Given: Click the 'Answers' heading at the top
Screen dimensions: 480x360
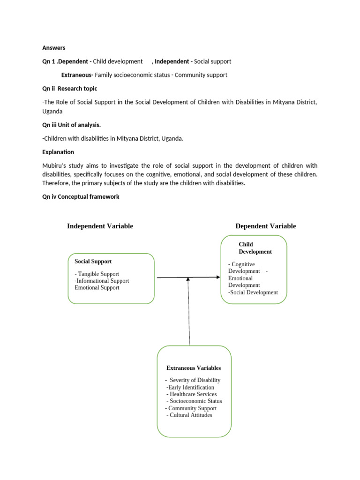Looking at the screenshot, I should pyautogui.click(x=53, y=48).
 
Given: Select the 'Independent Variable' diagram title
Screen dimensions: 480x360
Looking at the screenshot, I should pyautogui.click(x=100, y=226).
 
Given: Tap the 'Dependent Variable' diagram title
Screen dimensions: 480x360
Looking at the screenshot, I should pyautogui.click(x=265, y=226).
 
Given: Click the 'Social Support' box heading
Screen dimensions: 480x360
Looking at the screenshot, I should pyautogui.click(x=93, y=261).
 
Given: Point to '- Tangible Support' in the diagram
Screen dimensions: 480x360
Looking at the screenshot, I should pyautogui.click(x=97, y=274).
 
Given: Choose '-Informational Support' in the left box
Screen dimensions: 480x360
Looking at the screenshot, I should pyautogui.click(x=101, y=281).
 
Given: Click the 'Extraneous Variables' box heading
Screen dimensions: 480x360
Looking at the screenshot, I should pyautogui.click(x=194, y=368).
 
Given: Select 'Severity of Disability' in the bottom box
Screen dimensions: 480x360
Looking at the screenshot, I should pyautogui.click(x=195, y=380).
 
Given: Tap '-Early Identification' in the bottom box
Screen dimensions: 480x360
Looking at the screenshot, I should pyautogui.click(x=190, y=387).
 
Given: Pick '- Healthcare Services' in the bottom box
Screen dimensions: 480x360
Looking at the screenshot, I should pyautogui.click(x=191, y=394).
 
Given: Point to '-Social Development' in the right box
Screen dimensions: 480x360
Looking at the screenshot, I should pyautogui.click(x=253, y=292).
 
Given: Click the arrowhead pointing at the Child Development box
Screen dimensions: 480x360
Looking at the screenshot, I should pyautogui.click(x=218, y=277).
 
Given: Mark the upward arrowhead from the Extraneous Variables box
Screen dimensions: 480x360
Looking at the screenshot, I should pyautogui.click(x=188, y=279).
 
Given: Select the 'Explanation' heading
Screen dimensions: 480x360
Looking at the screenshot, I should pyautogui.click(x=58, y=152).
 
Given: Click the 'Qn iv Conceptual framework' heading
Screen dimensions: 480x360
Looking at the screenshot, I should pyautogui.click(x=81, y=197).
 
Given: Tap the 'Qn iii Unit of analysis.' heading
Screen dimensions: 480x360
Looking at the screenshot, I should pyautogui.click(x=71, y=125).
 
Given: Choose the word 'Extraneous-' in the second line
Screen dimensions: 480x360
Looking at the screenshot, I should pyautogui.click(x=77, y=75).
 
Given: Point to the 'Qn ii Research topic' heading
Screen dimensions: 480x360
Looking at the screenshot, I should pyautogui.click(x=70, y=89).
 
